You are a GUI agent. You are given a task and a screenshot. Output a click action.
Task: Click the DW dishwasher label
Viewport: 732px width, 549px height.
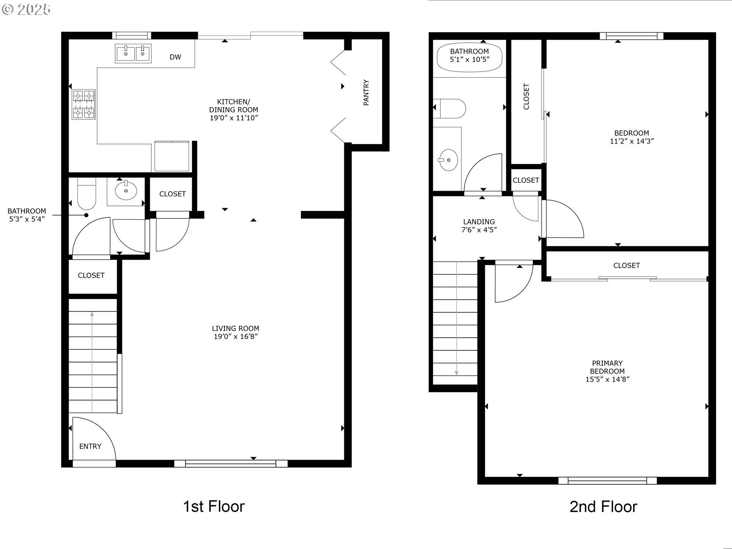175,57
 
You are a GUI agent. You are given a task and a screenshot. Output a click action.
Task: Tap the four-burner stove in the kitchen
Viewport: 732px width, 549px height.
83,104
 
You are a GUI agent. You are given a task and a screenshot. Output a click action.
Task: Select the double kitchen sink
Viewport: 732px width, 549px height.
133,53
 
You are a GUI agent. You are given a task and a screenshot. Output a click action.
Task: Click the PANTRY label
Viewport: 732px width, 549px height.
366,92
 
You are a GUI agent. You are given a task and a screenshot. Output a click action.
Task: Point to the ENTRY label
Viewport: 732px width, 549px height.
90,446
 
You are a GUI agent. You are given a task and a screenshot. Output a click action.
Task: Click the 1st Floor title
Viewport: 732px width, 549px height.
213,506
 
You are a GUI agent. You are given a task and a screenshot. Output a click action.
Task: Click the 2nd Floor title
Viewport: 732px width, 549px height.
603,507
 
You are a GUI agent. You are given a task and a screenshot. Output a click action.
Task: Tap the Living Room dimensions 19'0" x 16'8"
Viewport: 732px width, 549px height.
236,336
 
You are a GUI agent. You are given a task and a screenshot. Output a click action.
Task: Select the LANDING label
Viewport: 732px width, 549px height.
479,222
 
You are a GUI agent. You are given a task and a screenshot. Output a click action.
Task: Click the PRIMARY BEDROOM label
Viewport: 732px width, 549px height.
607,367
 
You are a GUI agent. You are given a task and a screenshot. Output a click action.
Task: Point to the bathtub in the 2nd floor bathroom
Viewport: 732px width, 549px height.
469,58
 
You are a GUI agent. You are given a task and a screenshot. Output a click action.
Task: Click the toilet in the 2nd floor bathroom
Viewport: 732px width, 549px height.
449,108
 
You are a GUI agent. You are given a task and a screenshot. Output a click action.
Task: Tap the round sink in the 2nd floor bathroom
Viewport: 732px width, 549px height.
448,160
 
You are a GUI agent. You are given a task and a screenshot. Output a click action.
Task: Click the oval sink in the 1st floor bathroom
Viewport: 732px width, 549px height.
126,191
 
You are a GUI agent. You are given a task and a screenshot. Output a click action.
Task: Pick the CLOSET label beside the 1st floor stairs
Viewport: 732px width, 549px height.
91,275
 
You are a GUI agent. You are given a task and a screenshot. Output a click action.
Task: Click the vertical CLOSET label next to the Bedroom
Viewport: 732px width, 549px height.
526,96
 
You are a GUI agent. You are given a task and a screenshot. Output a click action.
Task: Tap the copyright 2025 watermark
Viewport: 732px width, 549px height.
26,9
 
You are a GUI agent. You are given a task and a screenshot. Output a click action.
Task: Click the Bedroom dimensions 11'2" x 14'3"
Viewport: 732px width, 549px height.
632,141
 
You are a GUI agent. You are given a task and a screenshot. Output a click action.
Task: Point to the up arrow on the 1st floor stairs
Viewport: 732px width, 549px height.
92,362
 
